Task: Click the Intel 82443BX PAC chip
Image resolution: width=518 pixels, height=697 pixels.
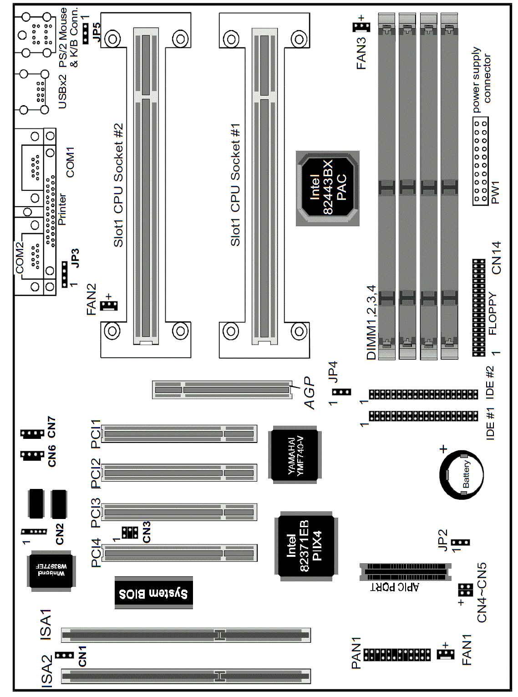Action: click(328, 188)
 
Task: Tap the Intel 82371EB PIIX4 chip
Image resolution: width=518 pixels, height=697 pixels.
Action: click(306, 547)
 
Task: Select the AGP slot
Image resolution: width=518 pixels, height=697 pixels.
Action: click(222, 390)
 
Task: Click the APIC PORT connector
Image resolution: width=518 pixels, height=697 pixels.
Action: click(406, 572)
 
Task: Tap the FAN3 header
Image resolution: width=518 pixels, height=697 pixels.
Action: click(361, 27)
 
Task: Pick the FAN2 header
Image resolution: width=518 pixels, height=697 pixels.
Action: click(109, 305)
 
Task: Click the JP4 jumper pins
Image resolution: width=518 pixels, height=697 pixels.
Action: click(342, 392)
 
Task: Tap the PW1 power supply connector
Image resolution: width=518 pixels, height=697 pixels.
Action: click(481, 161)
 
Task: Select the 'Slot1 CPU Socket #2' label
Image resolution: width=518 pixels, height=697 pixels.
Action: click(118, 185)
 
